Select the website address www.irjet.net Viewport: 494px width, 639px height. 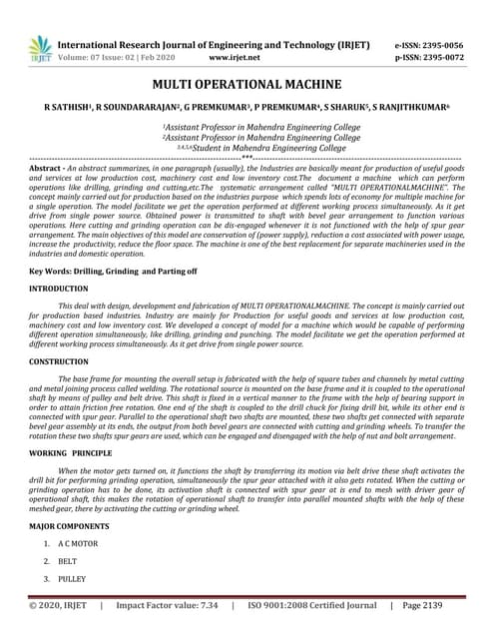(236, 58)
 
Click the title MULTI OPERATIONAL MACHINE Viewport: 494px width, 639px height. (247, 85)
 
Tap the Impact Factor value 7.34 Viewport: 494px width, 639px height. (208, 605)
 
